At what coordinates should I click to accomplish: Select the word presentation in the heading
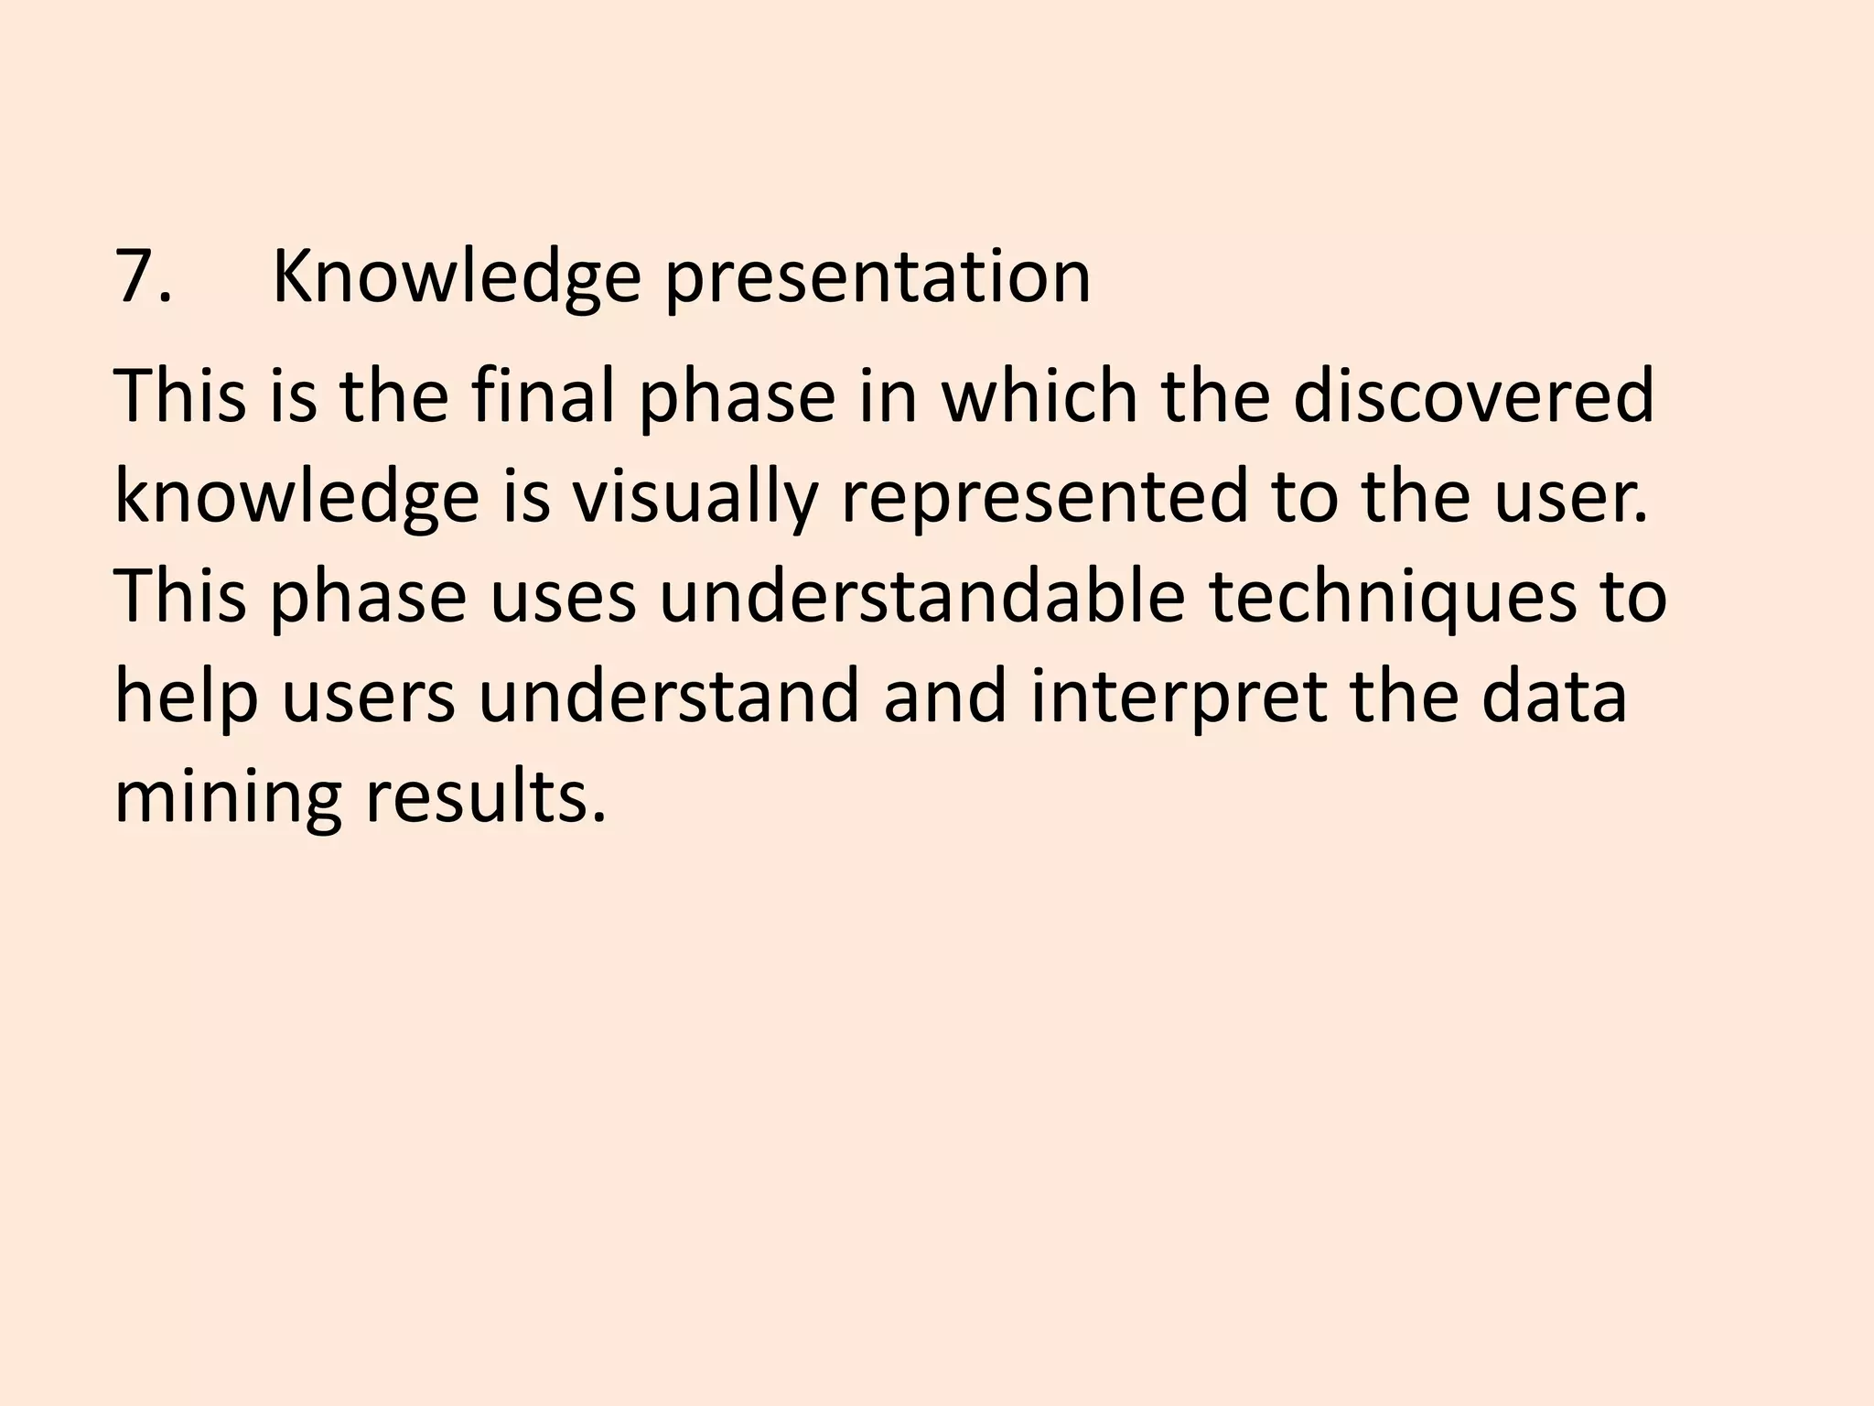(x=877, y=276)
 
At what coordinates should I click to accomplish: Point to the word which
(x=1039, y=396)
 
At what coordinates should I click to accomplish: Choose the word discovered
(x=1473, y=396)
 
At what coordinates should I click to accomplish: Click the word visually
(x=694, y=497)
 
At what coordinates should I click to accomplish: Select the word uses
(x=563, y=597)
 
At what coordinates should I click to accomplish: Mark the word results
(x=486, y=797)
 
